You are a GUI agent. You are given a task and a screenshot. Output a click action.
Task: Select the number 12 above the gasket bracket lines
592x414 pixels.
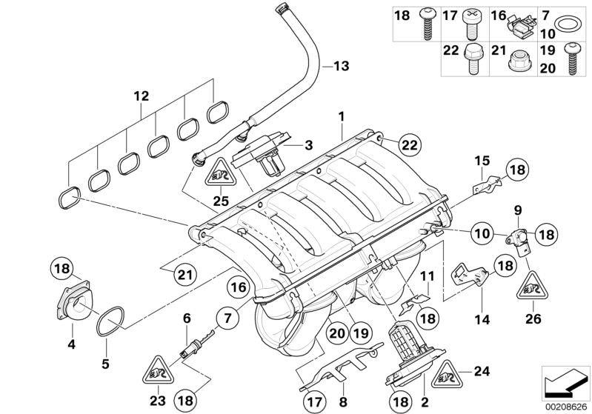click(x=141, y=96)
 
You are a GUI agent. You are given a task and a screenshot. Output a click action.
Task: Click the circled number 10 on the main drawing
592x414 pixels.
click(x=482, y=233)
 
